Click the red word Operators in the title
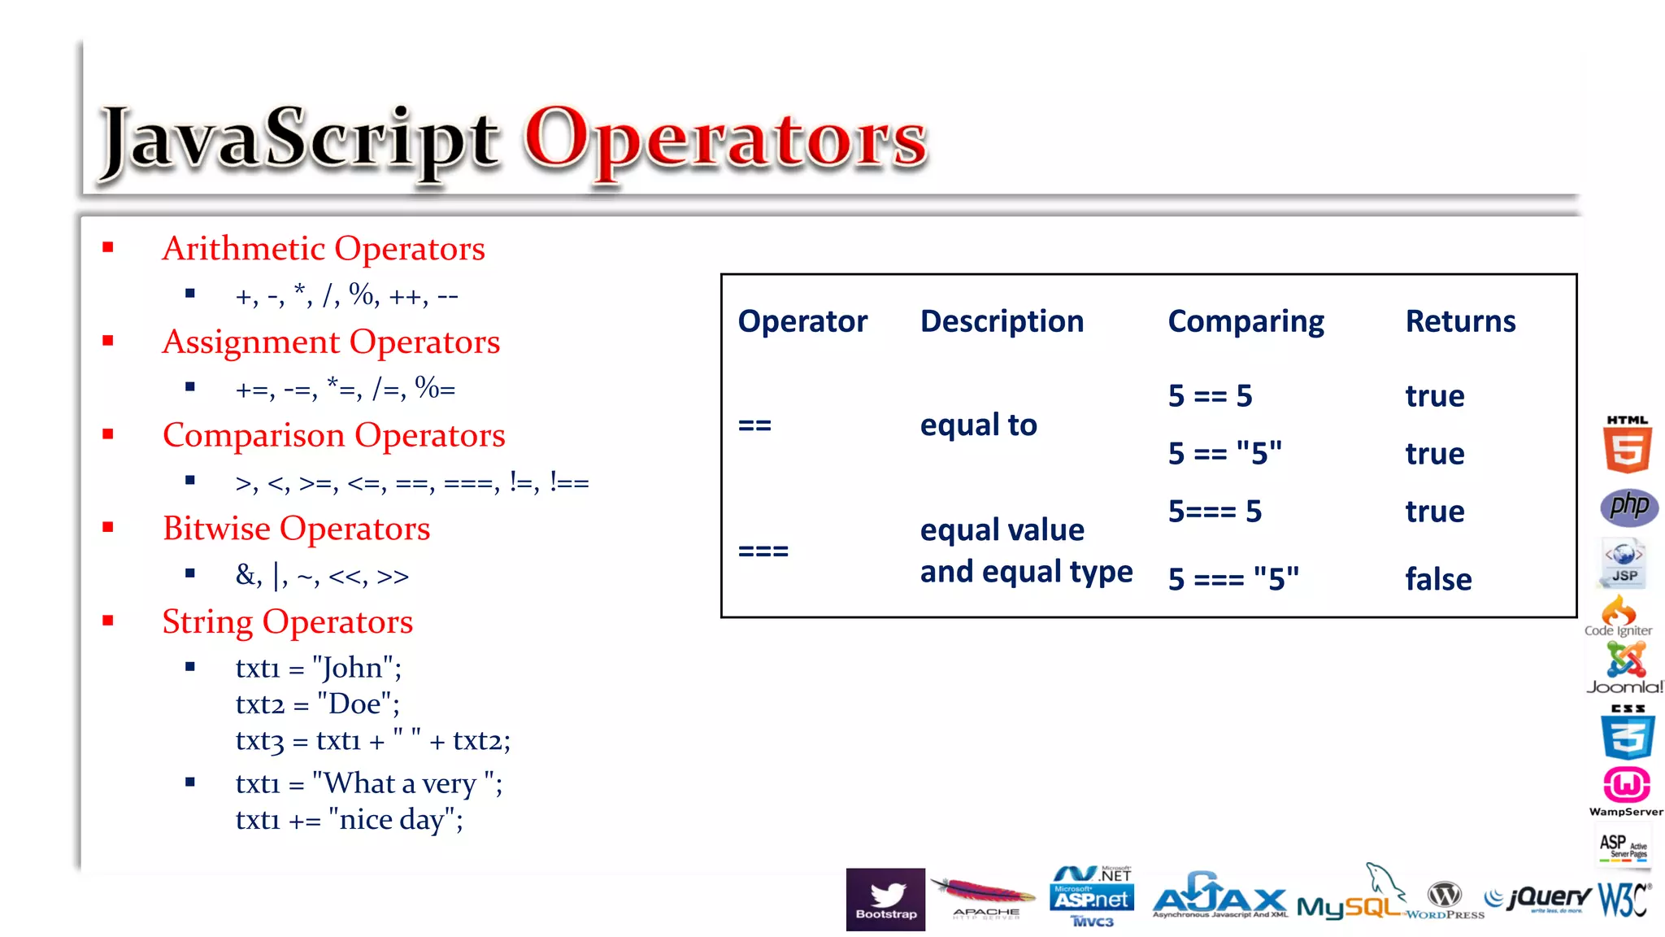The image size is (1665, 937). (x=725, y=140)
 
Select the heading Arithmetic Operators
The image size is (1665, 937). (x=323, y=249)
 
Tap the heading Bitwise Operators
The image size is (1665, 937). (x=296, y=529)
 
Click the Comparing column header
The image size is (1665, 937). (x=1245, y=322)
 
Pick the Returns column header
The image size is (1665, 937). (x=1460, y=322)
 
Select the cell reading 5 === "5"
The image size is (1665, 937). (x=1233, y=579)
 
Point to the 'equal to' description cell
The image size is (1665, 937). (x=978, y=425)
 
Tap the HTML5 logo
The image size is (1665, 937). (x=1627, y=445)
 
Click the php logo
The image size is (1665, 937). (x=1628, y=507)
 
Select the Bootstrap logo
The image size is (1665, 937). (x=885, y=899)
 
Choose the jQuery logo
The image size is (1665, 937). (x=1538, y=898)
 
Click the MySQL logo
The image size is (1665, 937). (x=1350, y=901)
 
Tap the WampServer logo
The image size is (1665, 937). (x=1626, y=791)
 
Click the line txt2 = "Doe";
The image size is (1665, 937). (x=317, y=704)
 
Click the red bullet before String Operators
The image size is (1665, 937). (x=108, y=621)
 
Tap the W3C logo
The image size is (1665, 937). (x=1623, y=900)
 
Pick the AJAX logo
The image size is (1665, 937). (x=1219, y=897)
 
